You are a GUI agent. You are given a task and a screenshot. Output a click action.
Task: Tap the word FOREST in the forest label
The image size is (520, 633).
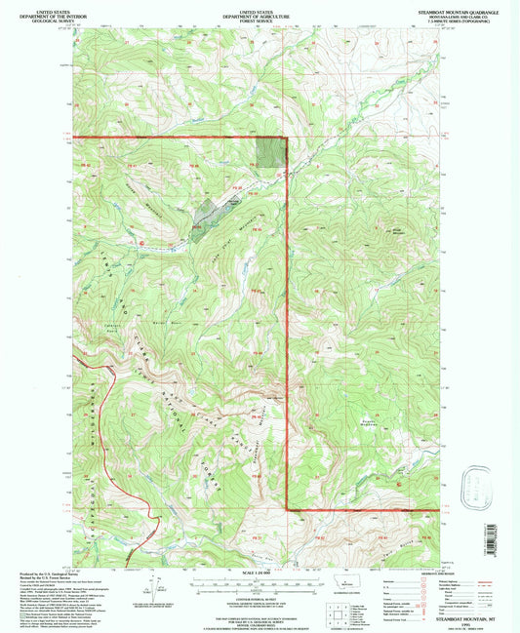point(206,475)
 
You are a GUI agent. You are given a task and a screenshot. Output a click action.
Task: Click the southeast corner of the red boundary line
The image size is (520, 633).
point(286,508)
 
